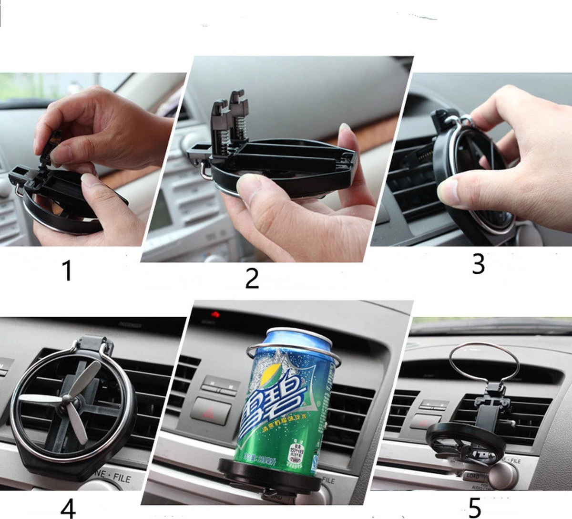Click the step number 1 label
[x=67, y=270]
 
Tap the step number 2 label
[x=252, y=278]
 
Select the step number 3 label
[x=478, y=264]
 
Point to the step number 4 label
[x=68, y=507]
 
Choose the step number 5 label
[x=474, y=508]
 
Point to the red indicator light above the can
[x=216, y=314]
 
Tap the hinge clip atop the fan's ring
[x=95, y=344]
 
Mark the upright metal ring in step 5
[x=484, y=363]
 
